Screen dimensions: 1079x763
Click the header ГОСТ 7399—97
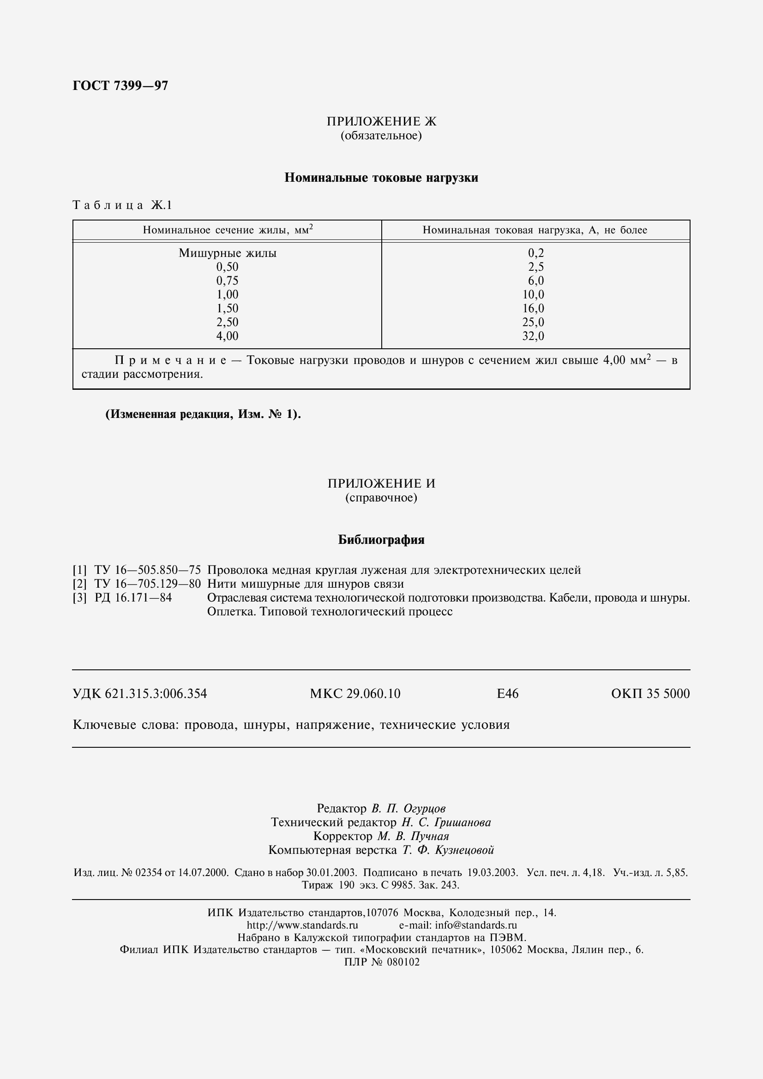(120, 86)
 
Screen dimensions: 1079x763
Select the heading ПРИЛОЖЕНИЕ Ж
(381, 122)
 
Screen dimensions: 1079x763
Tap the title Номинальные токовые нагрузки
(381, 178)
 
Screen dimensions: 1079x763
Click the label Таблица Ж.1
(122, 205)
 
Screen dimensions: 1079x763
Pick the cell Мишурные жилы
(228, 253)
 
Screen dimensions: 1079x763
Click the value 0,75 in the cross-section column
(227, 281)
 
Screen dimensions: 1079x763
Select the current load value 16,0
(533, 309)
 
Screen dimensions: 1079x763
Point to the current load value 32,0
(533, 336)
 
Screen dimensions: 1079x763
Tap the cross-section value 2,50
(227, 322)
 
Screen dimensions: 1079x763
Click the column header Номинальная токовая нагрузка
(535, 230)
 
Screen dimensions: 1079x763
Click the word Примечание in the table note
(170, 361)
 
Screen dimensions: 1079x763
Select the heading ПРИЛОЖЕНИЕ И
(381, 483)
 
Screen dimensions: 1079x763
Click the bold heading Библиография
(381, 540)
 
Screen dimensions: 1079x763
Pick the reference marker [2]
(79, 584)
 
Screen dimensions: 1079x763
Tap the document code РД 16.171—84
(133, 598)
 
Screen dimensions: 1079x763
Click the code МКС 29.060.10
(355, 694)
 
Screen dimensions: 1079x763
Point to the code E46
(507, 694)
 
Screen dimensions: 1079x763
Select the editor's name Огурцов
(425, 808)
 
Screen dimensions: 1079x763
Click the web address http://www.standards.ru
(302, 925)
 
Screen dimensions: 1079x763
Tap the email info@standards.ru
(476, 925)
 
